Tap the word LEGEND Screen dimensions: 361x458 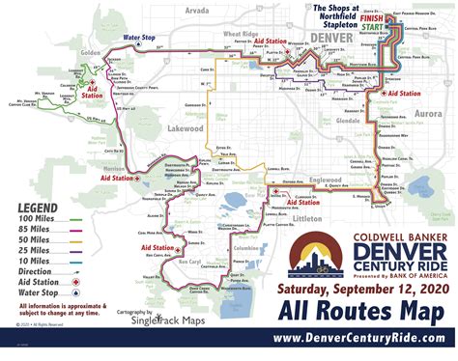pos(35,208)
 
